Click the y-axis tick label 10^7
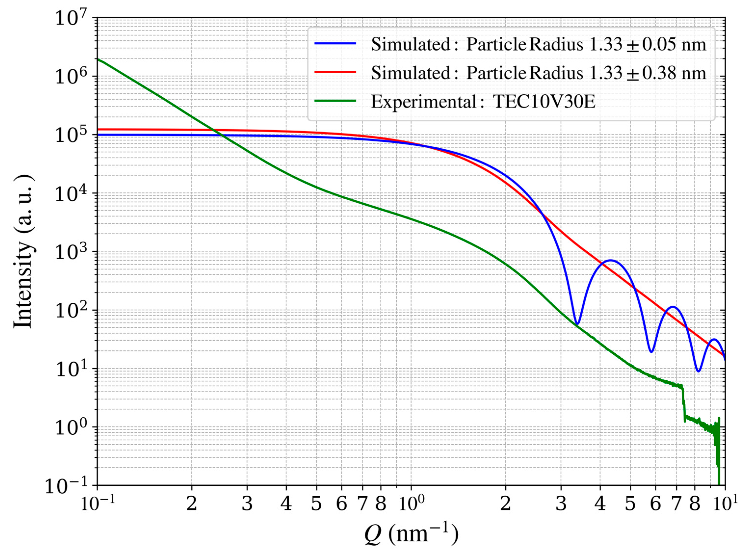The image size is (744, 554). point(70,18)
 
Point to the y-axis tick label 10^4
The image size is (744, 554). point(70,194)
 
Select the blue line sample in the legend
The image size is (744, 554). point(335,44)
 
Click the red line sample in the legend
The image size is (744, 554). point(335,72)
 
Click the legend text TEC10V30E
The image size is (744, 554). point(544,102)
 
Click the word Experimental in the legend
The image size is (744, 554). point(423,102)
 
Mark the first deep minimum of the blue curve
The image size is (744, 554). point(577,324)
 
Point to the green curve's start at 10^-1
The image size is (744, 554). point(98,59)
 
